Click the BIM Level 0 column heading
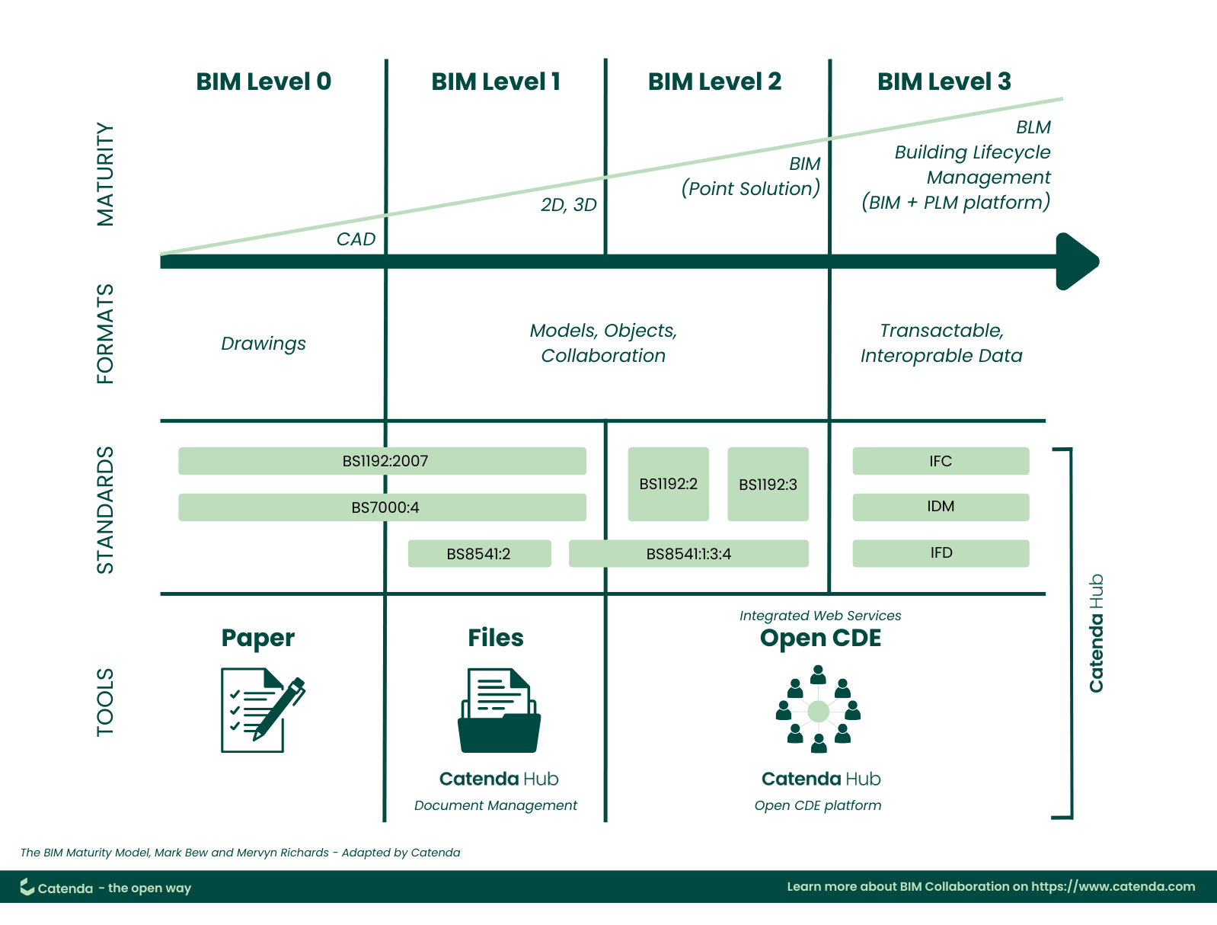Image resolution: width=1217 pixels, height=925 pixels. click(x=264, y=82)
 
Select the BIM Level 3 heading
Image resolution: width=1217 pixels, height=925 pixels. click(x=944, y=82)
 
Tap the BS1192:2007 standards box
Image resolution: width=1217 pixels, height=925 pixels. click(x=382, y=461)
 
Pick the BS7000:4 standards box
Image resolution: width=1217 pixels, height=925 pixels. click(x=382, y=507)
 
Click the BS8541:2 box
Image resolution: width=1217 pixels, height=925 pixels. click(x=479, y=554)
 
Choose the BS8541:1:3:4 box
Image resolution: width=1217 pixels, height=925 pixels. click(x=688, y=554)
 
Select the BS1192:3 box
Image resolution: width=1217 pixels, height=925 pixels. click(x=768, y=485)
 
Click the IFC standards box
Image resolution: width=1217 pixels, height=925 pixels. click(x=941, y=461)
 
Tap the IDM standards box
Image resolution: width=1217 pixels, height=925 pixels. click(x=941, y=507)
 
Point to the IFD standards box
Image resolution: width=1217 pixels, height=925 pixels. click(x=941, y=553)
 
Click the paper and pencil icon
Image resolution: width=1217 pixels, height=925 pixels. click(x=261, y=710)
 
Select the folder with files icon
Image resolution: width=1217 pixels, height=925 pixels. click(x=499, y=711)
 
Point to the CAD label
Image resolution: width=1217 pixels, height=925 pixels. click(x=356, y=239)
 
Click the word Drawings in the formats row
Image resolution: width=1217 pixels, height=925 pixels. click(x=264, y=344)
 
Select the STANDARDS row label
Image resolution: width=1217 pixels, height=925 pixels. click(x=105, y=510)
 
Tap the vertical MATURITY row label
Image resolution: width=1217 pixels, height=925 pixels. click(x=105, y=174)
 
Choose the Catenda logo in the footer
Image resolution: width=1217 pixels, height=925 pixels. click(x=27, y=887)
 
